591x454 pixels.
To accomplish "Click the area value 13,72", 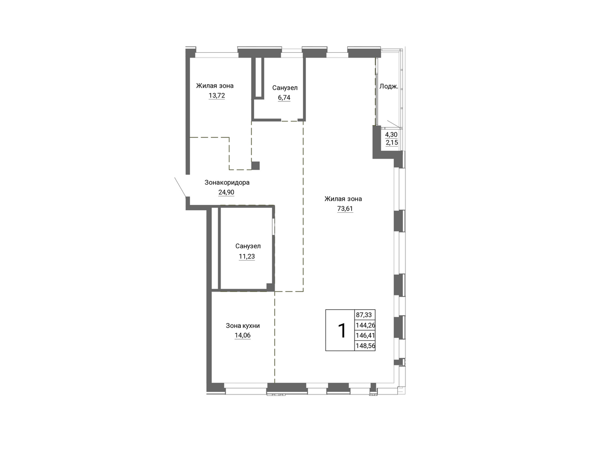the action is (217, 96).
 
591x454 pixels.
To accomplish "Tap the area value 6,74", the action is (284, 97).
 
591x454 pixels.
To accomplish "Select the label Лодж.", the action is (389, 87).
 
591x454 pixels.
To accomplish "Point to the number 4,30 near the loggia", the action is (392, 134).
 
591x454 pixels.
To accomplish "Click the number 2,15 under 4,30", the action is (392, 142).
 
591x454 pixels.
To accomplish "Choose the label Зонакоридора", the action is (227, 183).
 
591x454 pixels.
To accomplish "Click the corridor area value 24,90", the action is (226, 193).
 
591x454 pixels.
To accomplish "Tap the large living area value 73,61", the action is (345, 209).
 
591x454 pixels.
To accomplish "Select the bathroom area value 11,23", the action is (247, 257).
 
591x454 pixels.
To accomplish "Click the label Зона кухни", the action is (243, 325).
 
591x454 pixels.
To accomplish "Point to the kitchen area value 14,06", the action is (243, 335).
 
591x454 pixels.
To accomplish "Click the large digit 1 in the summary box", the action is (342, 330).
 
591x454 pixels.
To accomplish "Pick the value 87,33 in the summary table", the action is (363, 315).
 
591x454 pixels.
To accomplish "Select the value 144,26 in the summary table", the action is (365, 325).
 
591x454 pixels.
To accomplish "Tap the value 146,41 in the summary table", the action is (365, 336).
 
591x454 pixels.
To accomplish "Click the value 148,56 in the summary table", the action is (365, 346).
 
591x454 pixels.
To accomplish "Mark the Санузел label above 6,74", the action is (285, 88).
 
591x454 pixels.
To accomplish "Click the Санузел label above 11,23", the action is (248, 246).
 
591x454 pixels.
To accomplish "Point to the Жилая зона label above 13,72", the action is (215, 86).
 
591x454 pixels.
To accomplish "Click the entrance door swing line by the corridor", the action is (180, 187).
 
